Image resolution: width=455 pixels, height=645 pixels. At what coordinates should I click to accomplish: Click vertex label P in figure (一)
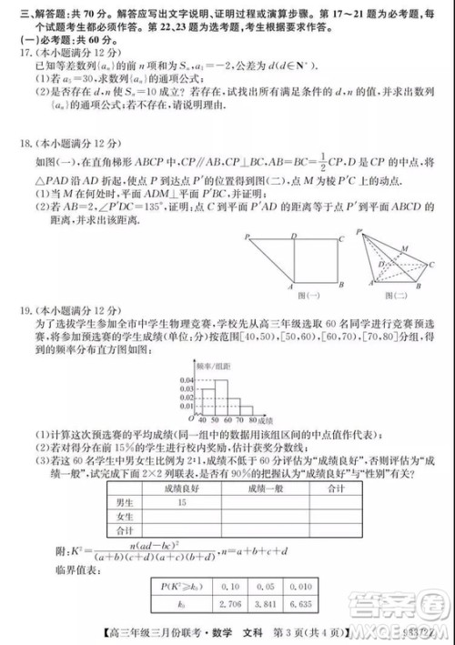[x=245, y=237]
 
